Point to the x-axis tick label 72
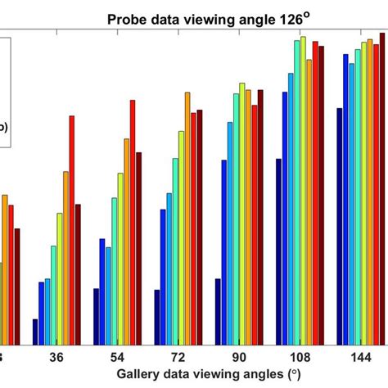coord(178,357)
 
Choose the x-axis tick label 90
coord(238,357)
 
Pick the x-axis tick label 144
coord(360,357)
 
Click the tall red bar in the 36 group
coord(72,229)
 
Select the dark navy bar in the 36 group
coord(35,332)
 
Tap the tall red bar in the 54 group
coord(133,222)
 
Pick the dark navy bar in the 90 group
coord(218,311)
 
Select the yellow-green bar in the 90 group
coord(242,214)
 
